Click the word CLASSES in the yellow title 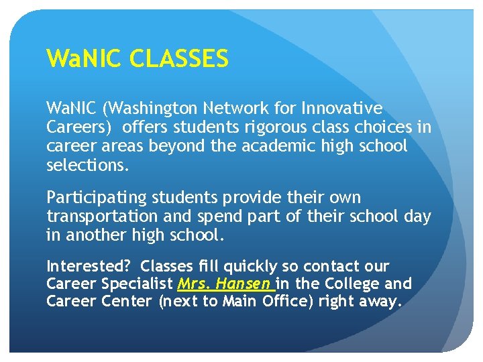click(179, 60)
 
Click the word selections click(87, 164)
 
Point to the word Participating click(89, 198)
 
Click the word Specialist click(138, 284)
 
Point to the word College click(346, 284)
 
